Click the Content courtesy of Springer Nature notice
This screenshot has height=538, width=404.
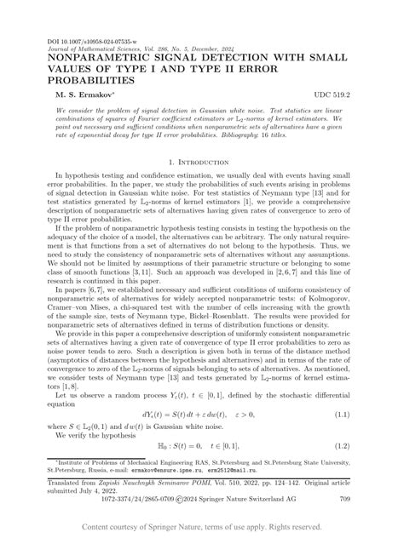[x=202, y=528]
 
